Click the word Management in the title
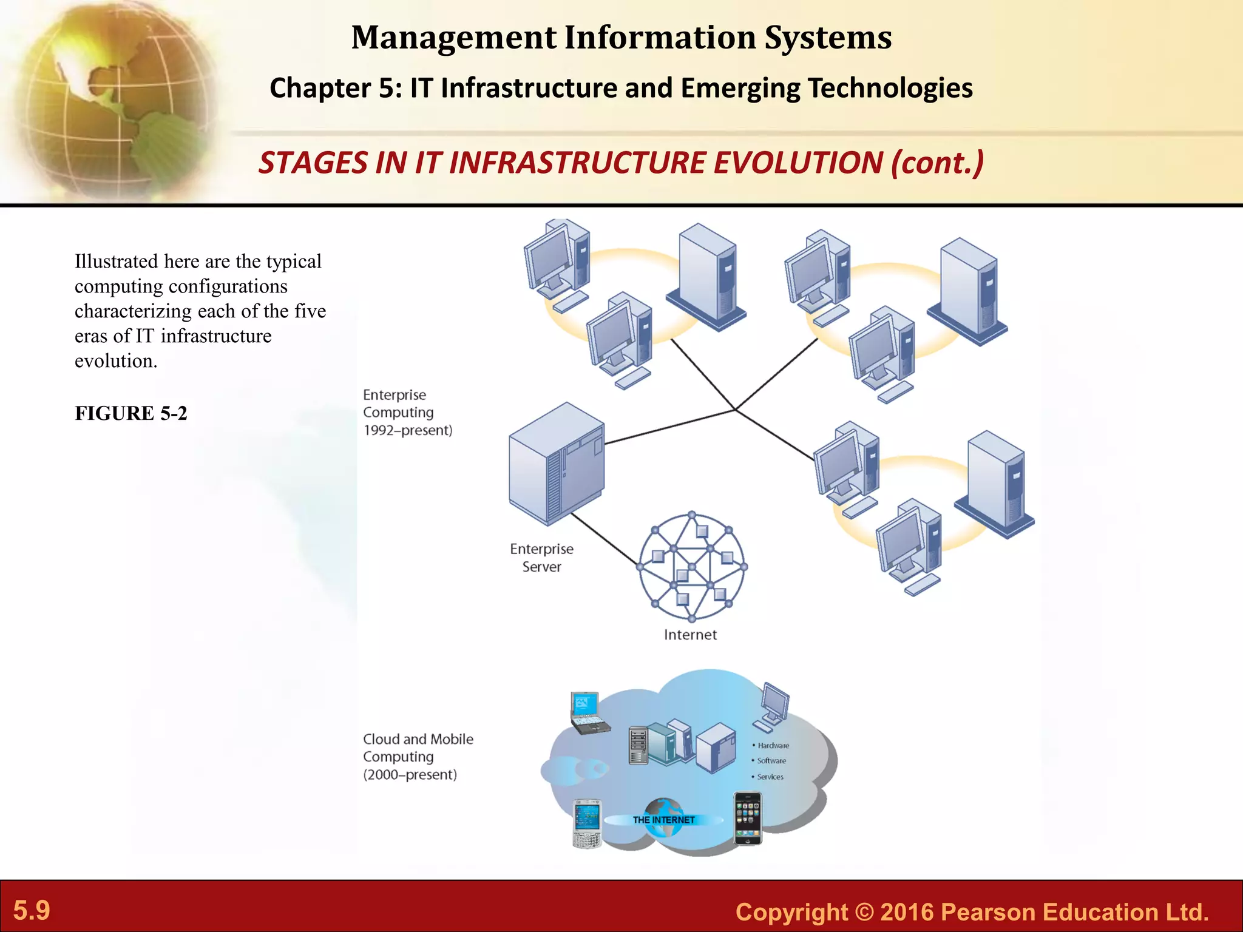point(453,38)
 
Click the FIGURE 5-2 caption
point(131,413)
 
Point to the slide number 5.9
point(32,911)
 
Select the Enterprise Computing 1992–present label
point(407,413)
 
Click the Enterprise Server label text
point(541,558)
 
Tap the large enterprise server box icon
point(555,464)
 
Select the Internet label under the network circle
point(690,635)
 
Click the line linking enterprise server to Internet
point(604,539)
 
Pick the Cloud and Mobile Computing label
point(418,757)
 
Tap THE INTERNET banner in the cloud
point(663,820)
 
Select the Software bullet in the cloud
point(771,761)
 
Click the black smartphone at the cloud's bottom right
point(747,818)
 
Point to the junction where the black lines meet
point(735,410)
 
